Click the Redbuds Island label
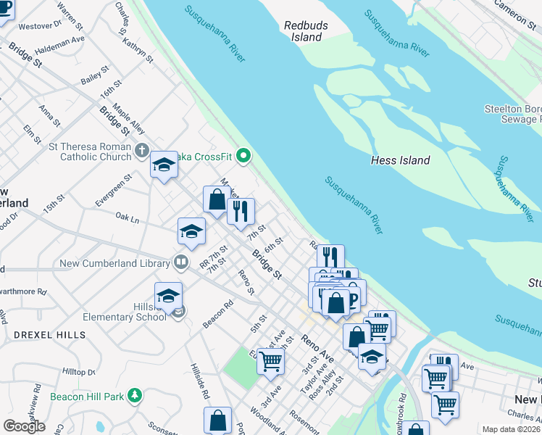(302, 30)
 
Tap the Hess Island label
(400, 160)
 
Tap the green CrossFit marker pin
(244, 154)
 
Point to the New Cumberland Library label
(123, 261)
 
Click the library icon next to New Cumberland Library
(181, 261)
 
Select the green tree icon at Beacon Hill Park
(133, 396)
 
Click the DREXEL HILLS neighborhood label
(49, 335)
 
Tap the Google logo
(24, 426)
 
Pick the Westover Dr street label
(40, 26)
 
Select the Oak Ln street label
(127, 217)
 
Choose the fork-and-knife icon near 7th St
(241, 211)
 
